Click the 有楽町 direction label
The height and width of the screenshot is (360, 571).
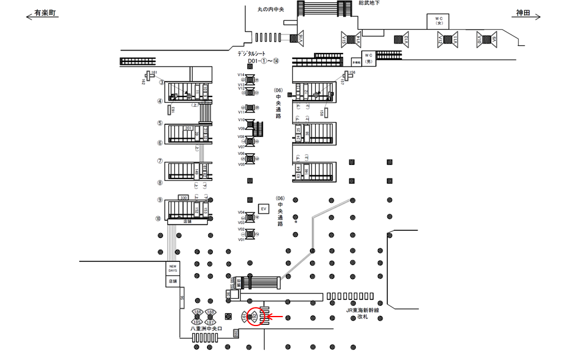coord(45,12)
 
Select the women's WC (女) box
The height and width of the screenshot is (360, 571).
coord(439,21)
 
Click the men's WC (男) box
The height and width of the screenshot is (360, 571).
coord(368,59)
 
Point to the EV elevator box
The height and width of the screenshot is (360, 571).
coord(263,209)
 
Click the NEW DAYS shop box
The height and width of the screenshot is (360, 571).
coord(172,268)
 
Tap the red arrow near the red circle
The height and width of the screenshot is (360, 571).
coord(275,317)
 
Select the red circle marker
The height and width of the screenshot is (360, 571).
coord(254,317)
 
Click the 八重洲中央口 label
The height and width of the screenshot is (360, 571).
coord(206,328)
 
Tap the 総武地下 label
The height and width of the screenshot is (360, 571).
coord(369,4)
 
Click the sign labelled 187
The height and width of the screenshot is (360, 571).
coord(211,321)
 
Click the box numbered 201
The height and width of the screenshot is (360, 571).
coord(189,128)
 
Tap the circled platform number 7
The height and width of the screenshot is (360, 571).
coord(160,161)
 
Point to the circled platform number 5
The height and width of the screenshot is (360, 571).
coord(160,124)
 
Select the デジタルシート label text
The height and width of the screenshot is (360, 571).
coord(256,54)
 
